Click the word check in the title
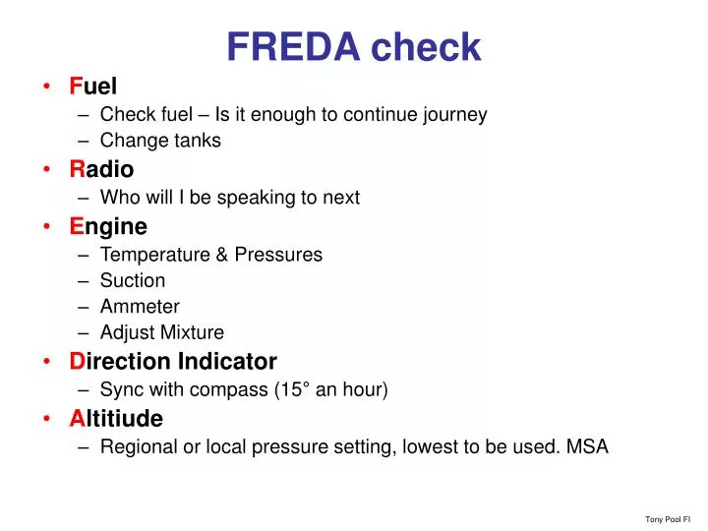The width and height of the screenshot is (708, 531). tap(426, 46)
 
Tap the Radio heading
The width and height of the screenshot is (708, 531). tap(101, 170)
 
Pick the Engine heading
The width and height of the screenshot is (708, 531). tap(108, 227)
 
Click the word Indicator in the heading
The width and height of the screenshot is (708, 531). tap(228, 361)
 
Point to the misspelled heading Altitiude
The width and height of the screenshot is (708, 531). tap(116, 418)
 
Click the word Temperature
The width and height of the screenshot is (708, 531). tap(153, 255)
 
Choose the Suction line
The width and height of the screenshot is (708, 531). tap(133, 281)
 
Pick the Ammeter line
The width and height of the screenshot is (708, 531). tap(140, 307)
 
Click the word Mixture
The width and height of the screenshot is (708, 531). tap(194, 332)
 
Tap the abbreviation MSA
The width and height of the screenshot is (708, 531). tap(587, 446)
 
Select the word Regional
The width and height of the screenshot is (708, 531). tap(137, 446)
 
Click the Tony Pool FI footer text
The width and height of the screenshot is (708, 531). tap(668, 518)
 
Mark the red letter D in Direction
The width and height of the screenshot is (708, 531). tap(78, 361)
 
